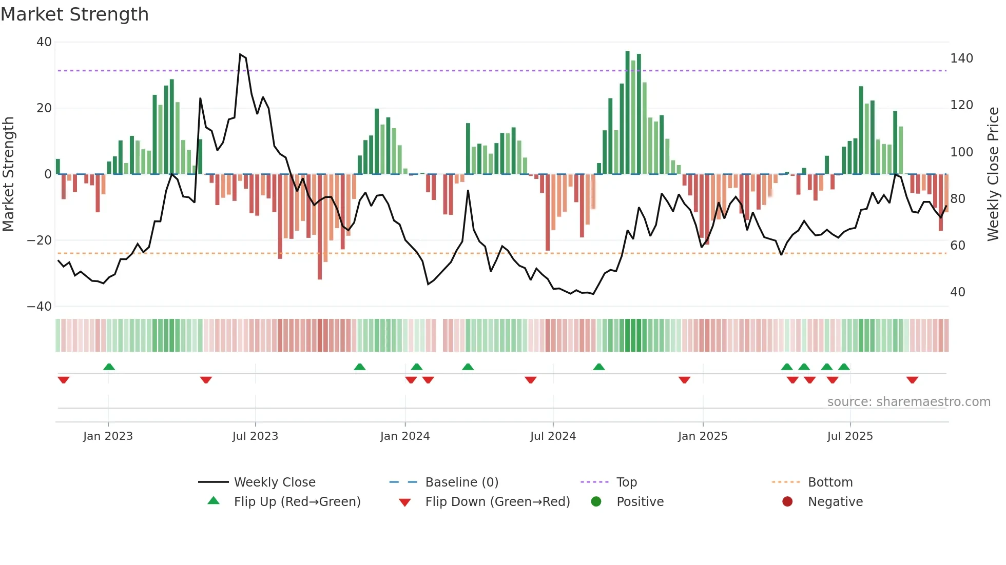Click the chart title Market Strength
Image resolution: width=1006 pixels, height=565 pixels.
click(74, 14)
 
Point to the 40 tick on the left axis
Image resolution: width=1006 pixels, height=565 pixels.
click(44, 42)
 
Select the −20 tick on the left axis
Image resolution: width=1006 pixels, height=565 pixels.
click(40, 240)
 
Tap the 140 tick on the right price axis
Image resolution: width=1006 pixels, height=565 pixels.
click(961, 58)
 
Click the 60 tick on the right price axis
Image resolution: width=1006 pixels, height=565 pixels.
click(958, 246)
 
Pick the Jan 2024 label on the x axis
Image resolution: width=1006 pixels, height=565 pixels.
click(405, 436)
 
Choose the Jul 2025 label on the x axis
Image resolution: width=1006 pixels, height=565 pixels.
click(850, 436)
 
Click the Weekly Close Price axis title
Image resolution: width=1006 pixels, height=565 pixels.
click(993, 174)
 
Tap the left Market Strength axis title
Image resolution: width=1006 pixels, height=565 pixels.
click(8, 174)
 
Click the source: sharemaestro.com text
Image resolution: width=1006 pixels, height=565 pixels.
click(908, 402)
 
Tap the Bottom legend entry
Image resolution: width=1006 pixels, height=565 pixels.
click(830, 482)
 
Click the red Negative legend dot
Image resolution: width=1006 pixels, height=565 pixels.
click(787, 502)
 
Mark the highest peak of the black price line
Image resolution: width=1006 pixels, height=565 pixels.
click(240, 54)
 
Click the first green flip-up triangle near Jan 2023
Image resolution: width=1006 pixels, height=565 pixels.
click(109, 367)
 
